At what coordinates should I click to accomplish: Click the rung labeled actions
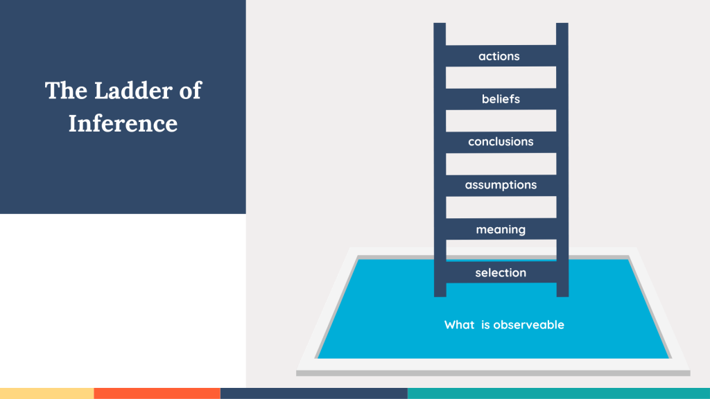click(x=501, y=55)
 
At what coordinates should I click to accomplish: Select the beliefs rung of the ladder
click(x=501, y=98)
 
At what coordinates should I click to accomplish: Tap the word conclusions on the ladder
click(x=501, y=141)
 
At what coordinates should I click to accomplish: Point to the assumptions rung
click(x=501, y=185)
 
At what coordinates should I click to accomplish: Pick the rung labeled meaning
click(x=501, y=229)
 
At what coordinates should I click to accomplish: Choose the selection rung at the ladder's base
click(x=501, y=272)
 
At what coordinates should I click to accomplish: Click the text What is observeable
click(x=504, y=325)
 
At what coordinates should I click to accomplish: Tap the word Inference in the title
click(x=123, y=123)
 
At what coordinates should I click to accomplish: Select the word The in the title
click(x=66, y=91)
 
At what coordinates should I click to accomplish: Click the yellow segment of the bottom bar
click(x=46, y=393)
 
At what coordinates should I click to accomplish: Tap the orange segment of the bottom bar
click(x=157, y=393)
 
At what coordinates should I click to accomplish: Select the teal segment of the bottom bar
click(x=559, y=393)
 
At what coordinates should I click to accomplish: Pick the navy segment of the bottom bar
click(x=314, y=393)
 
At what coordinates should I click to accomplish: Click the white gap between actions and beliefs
click(x=501, y=78)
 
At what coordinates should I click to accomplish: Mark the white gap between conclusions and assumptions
click(x=501, y=163)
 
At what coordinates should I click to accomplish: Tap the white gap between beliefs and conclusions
click(x=501, y=121)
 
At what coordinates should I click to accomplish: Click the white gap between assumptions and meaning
click(x=501, y=207)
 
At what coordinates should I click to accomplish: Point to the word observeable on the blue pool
click(x=529, y=325)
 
